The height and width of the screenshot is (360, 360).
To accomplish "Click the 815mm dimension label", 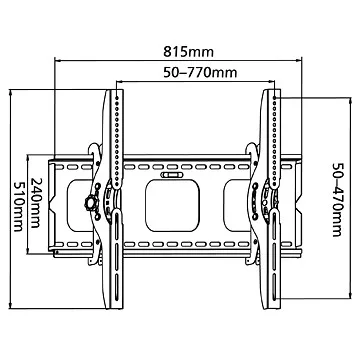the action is pyautogui.click(x=188, y=52).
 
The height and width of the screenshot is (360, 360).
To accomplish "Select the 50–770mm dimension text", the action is pyautogui.click(x=200, y=72).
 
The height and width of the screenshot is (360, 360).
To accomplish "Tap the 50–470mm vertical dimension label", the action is pyautogui.click(x=338, y=200).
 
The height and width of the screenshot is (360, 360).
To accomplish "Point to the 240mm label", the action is pyautogui.click(x=36, y=203).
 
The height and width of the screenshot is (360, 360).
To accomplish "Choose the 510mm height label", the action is pyautogui.click(x=18, y=207).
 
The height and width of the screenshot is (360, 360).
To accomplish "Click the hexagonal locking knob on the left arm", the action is pyautogui.click(x=91, y=202).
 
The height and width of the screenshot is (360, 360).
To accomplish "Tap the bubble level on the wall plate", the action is pyautogui.click(x=171, y=175).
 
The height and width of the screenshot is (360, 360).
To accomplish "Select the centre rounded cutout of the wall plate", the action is pyautogui.click(x=172, y=205).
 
